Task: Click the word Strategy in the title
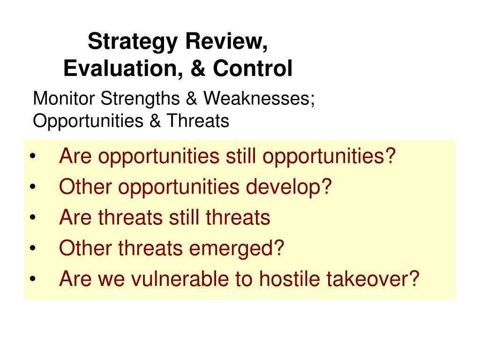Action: [x=133, y=42]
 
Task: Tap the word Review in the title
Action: [x=226, y=41]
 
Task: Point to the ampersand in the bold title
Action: [x=198, y=68]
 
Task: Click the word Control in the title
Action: [x=253, y=68]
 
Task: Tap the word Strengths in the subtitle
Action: [x=140, y=99]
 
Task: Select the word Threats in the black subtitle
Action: [x=198, y=120]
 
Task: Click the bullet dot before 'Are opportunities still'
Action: [x=33, y=157]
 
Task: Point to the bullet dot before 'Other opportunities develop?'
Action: [x=33, y=187]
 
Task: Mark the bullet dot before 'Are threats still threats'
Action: [x=33, y=217]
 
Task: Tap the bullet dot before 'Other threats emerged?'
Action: [x=33, y=248]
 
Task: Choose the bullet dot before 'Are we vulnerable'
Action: [x=33, y=279]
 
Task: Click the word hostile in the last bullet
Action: [x=289, y=278]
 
